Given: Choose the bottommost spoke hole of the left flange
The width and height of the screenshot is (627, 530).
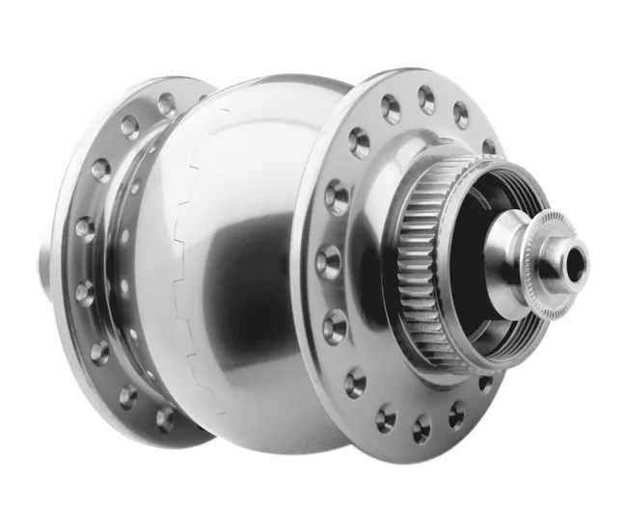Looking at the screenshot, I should pos(165,418).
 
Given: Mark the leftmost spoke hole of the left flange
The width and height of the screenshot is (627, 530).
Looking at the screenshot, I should pos(85,229).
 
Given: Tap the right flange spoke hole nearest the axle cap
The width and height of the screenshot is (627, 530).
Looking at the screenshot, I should pos(488,147).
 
